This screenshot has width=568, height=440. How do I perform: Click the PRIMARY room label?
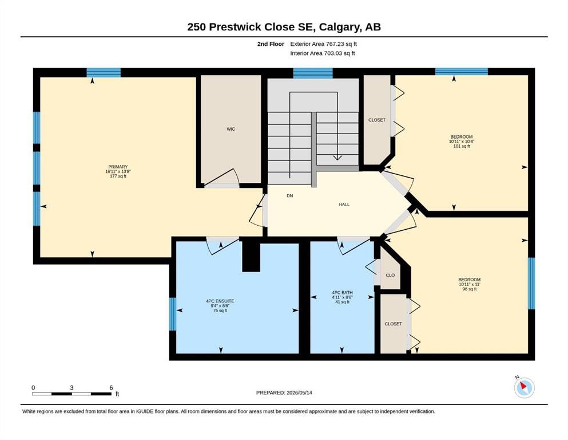click(x=118, y=167)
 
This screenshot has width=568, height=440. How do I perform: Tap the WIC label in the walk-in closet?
click(x=231, y=129)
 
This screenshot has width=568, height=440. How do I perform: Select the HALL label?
click(x=344, y=204)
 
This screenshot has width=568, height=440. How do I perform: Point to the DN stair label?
click(x=290, y=195)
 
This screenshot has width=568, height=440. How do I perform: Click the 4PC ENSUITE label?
click(x=220, y=301)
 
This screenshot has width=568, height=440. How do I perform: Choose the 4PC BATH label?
click(x=342, y=292)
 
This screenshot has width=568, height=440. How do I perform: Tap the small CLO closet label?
click(x=390, y=275)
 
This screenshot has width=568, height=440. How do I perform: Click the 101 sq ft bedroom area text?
click(x=462, y=146)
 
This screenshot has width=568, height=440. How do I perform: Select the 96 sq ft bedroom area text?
click(x=470, y=289)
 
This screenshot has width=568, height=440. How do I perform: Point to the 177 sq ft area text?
click(x=118, y=176)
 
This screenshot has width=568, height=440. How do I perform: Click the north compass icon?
click(x=524, y=387)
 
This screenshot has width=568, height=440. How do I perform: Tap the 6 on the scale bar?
click(x=111, y=387)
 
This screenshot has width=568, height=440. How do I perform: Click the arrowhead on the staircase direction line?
click(x=337, y=158)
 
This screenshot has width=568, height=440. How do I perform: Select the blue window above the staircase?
click(x=313, y=73)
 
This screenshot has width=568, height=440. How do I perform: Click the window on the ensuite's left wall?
click(x=173, y=314)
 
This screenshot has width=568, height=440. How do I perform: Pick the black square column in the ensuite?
click(x=251, y=257)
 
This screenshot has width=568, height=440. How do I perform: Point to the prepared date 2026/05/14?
click(x=299, y=392)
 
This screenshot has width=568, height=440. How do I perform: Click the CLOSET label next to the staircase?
click(x=377, y=120)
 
